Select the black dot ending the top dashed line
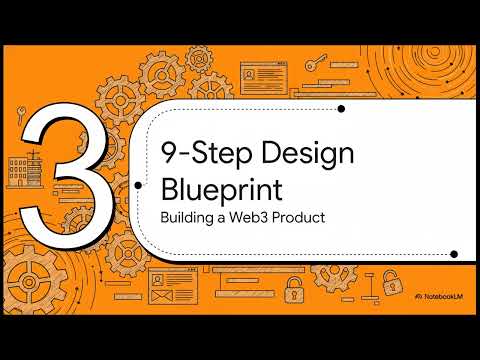(x=342, y=108)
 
